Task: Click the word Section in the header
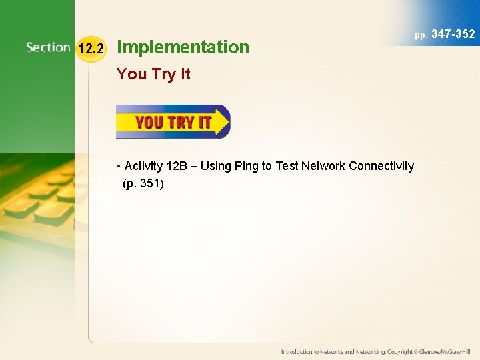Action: coord(48,47)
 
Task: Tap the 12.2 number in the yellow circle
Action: coord(91,48)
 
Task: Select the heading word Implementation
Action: coord(183,47)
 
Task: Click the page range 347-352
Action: coord(453,33)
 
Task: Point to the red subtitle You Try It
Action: coord(153,74)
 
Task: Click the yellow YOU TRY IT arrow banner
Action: coord(172,122)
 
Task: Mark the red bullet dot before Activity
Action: coord(118,166)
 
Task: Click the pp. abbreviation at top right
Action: coord(421,35)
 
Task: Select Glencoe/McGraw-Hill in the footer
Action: coord(445,351)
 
